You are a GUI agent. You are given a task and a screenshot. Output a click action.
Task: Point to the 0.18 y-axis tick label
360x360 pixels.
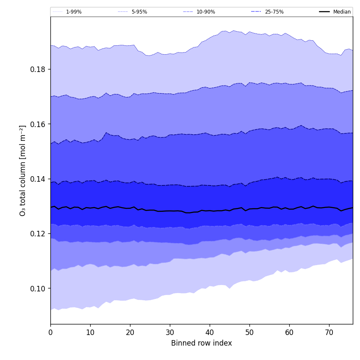(x=38, y=69)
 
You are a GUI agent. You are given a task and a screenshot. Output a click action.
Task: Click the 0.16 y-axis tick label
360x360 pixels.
(x=38, y=124)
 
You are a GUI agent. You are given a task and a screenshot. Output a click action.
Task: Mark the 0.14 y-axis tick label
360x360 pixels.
(x=38, y=179)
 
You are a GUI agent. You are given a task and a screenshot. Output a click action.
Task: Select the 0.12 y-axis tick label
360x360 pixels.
(x=38, y=234)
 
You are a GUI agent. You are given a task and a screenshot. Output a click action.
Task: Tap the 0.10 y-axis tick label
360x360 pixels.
(x=38, y=288)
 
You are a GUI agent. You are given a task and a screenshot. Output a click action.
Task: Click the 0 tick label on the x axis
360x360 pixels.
(x=50, y=333)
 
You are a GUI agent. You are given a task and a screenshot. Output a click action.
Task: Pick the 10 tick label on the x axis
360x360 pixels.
(x=90, y=333)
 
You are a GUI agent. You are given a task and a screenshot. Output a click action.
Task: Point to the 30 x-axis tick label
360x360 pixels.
(x=170, y=333)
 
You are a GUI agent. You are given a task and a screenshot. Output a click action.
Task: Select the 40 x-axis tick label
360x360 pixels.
(x=210, y=333)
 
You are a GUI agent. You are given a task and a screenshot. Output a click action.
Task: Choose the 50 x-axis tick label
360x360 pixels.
(x=249, y=333)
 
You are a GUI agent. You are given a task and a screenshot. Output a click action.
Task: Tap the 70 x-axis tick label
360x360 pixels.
(x=329, y=333)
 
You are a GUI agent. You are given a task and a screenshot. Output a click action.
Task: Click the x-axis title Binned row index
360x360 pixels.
(x=202, y=343)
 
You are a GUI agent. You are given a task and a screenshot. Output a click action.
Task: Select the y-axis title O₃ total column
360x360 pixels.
(x=23, y=170)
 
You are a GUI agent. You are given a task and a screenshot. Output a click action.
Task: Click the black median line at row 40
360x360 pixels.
(x=210, y=210)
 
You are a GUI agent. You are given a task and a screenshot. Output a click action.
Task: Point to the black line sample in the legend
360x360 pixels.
(x=325, y=12)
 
